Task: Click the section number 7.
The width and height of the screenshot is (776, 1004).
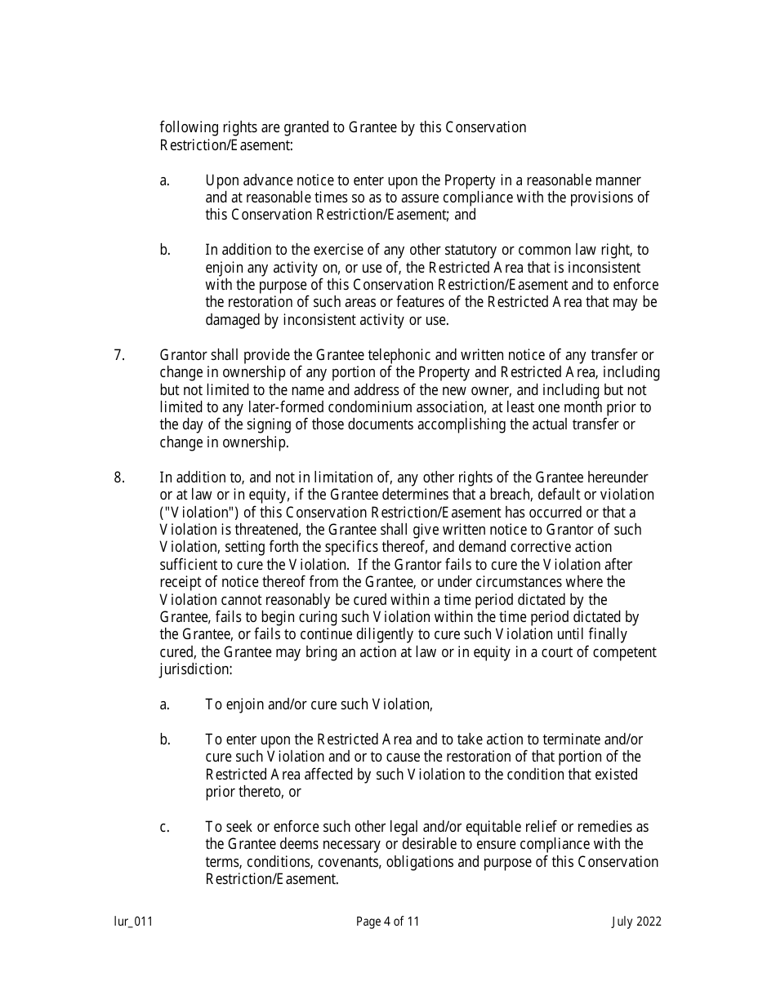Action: click(119, 355)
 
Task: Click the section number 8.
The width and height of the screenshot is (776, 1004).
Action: click(119, 478)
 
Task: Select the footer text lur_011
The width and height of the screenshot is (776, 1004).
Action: click(133, 922)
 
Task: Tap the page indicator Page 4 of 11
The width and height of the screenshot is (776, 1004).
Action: click(388, 922)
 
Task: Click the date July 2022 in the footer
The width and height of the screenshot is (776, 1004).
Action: click(636, 922)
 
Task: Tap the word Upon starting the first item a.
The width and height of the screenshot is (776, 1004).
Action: click(221, 180)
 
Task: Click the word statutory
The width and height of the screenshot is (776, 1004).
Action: click(520, 251)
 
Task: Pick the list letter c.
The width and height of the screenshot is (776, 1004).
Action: click(165, 828)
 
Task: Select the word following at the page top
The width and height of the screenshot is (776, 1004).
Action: click(185, 128)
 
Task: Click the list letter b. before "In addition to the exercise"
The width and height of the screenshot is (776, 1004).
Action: click(165, 251)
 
